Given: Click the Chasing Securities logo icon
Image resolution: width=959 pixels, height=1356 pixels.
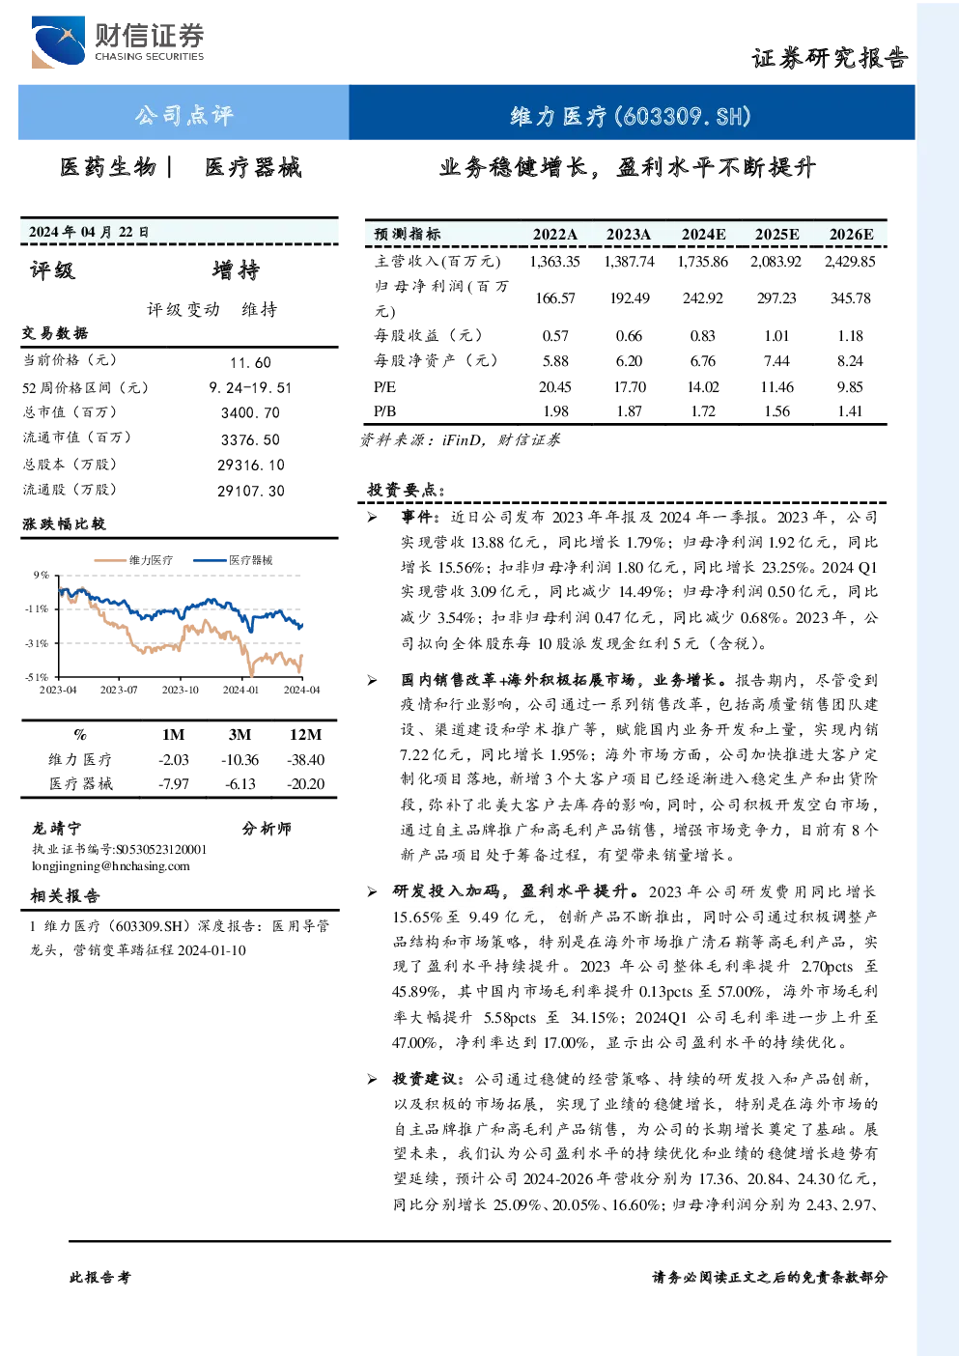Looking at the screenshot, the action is click(58, 42).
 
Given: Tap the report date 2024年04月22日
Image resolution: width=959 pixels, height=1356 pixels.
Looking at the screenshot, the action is click(89, 232).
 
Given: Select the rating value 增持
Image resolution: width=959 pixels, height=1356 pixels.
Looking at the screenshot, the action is click(236, 270).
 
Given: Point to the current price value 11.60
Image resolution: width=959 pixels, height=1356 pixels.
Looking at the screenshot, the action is click(250, 362).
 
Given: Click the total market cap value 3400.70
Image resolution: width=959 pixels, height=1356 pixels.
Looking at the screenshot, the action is click(250, 412).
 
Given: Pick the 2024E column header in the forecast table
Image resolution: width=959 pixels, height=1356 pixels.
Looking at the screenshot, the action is click(703, 235).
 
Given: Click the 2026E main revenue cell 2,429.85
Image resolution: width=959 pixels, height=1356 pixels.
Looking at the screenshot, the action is click(850, 262).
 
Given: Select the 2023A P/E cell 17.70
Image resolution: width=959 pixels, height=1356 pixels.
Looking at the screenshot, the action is click(630, 387).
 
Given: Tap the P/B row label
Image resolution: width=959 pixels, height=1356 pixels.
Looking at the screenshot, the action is click(384, 411).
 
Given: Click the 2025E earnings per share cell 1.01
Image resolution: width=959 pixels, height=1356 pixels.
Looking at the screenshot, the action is click(776, 336).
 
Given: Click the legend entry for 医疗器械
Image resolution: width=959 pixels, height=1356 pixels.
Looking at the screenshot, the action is click(233, 560).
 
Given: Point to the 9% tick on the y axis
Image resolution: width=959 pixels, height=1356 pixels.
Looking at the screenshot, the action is click(42, 575).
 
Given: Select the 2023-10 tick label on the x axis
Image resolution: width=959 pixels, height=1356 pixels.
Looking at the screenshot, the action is click(180, 690).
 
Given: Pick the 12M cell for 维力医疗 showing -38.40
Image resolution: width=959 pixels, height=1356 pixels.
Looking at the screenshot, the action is click(306, 760).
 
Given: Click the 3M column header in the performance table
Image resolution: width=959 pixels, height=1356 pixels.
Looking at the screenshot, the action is click(240, 735).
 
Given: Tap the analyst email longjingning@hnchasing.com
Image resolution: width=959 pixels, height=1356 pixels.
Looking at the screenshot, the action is click(111, 866).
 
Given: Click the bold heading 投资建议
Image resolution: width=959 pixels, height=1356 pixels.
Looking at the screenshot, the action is click(425, 1079).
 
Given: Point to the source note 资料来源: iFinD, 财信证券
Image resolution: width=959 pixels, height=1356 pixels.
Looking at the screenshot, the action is click(460, 440).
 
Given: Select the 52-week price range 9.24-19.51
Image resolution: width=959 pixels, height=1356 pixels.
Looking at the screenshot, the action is click(250, 388).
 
